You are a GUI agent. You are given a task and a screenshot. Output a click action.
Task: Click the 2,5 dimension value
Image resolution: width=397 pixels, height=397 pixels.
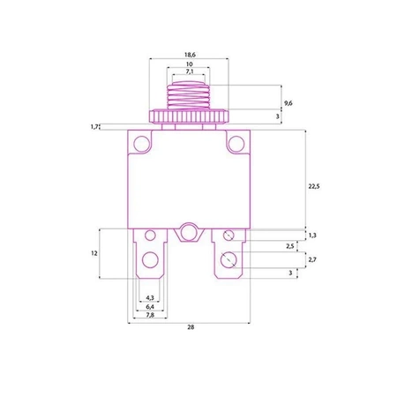pos(291,246)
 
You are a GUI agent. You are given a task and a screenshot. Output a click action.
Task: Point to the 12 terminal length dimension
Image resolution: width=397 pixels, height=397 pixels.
pos(94,254)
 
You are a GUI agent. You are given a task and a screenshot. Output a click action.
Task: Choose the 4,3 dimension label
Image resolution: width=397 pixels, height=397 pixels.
pos(150,298)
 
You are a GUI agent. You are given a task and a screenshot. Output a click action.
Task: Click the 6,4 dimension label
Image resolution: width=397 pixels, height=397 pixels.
pos(150,307)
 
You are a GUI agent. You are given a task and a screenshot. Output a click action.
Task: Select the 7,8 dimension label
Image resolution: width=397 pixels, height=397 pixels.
pos(150,316)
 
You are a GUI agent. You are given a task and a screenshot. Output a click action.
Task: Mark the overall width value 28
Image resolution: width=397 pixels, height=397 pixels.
pos(191,327)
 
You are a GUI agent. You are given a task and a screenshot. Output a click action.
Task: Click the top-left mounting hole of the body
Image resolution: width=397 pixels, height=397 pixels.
pos(141,143)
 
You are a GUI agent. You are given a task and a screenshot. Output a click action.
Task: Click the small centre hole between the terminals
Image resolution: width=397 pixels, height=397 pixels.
pos(187,234)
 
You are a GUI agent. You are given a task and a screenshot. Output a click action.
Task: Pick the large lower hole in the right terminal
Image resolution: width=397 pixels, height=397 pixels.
pos(228,260)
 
